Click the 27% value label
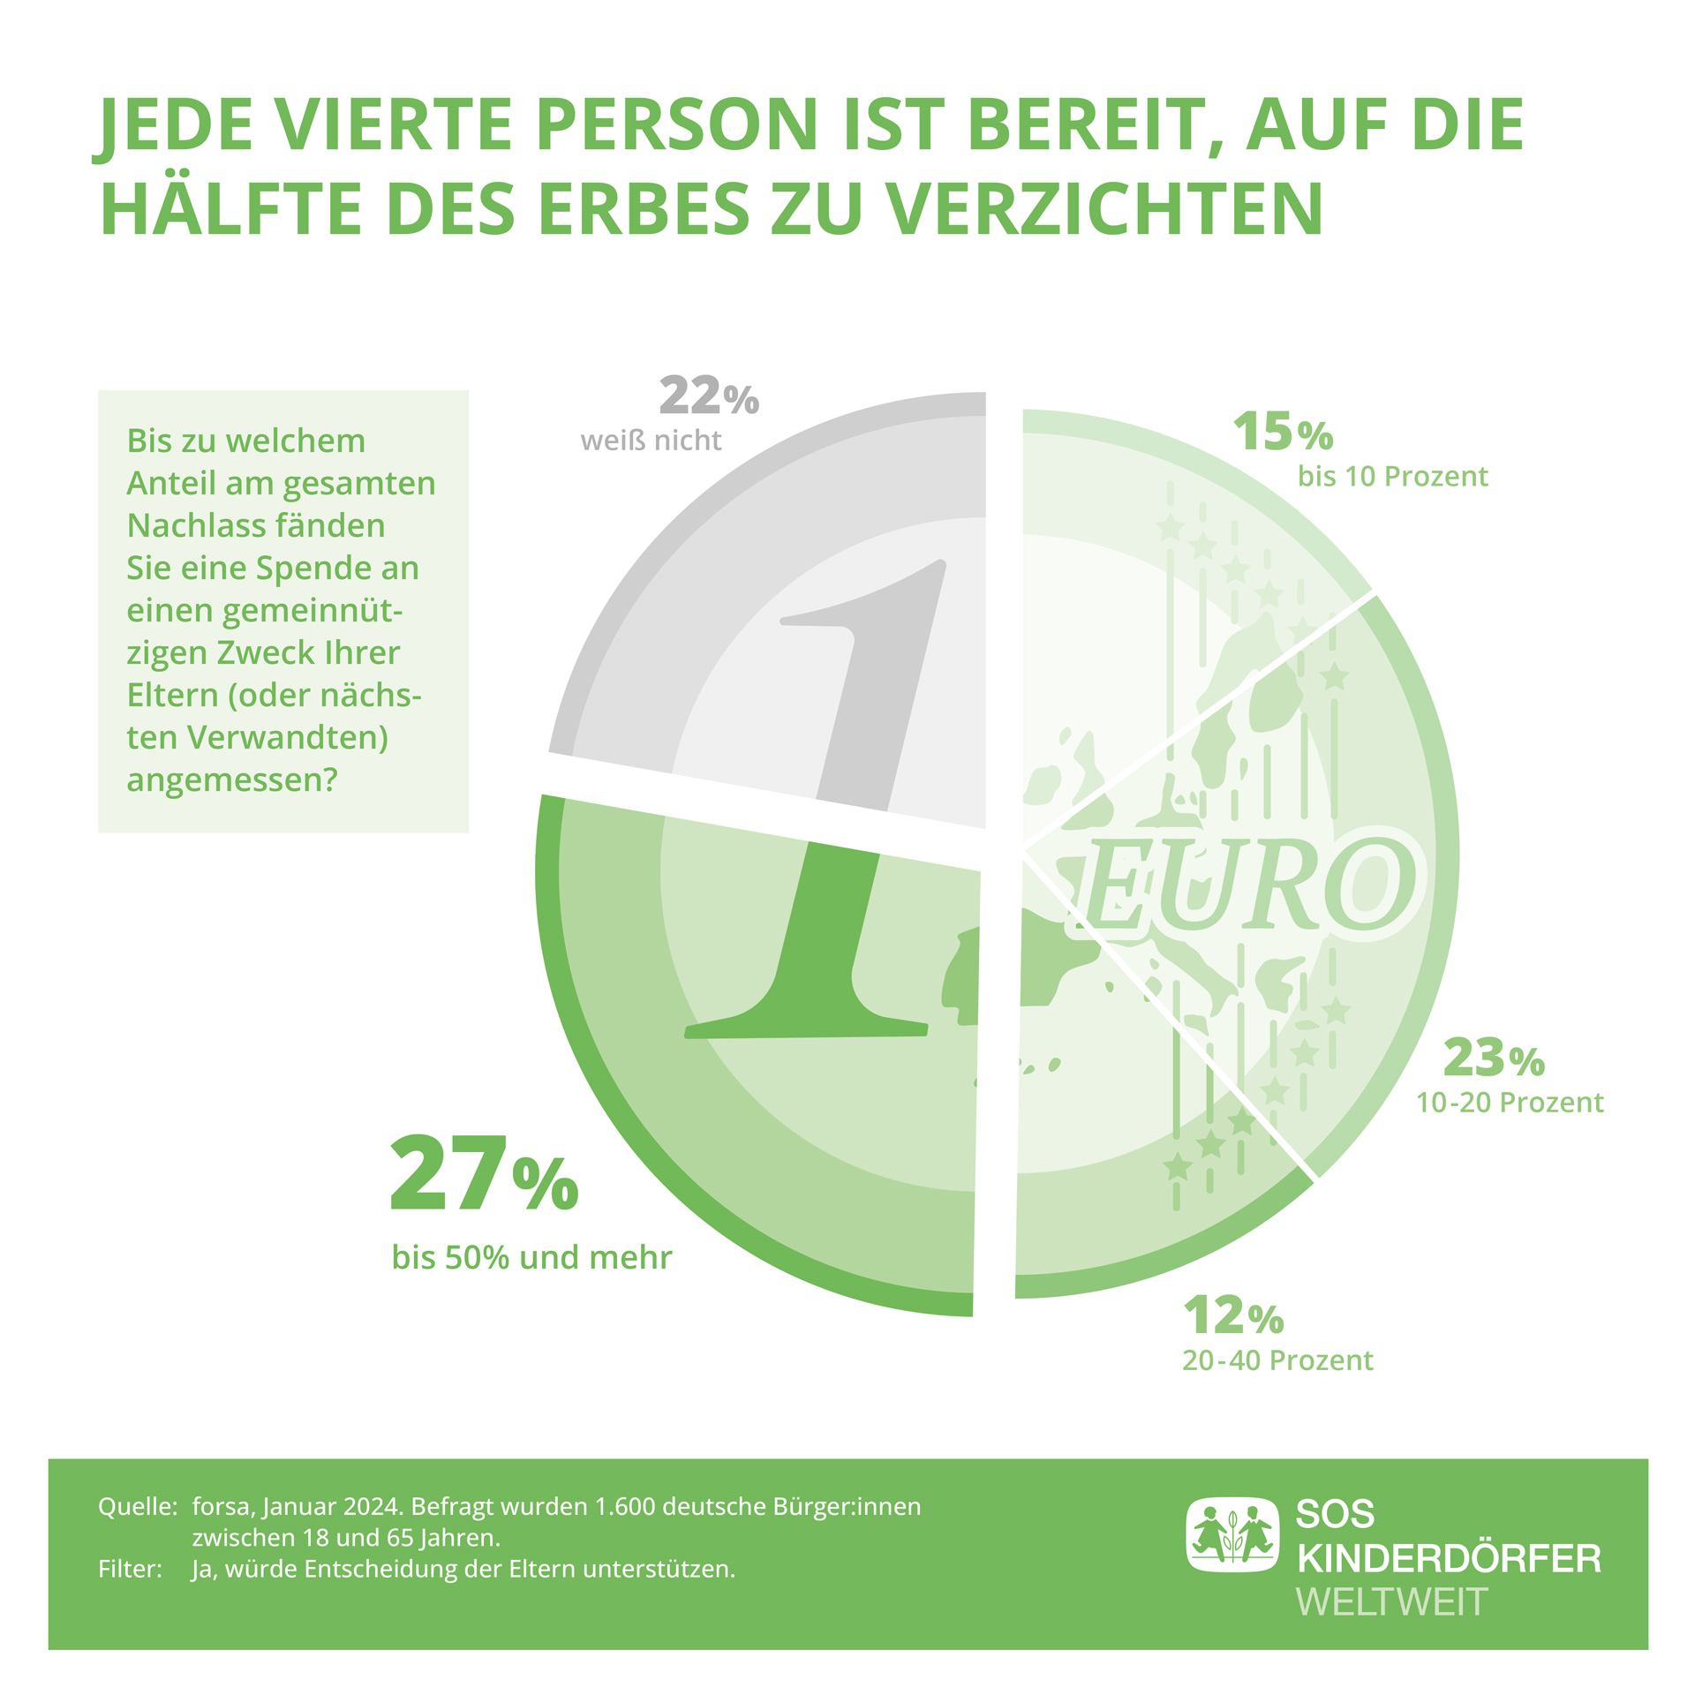[x=484, y=1175]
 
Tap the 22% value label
[x=708, y=396]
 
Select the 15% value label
[x=1282, y=433]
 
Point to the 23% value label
[x=1493, y=1058]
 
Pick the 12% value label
[x=1232, y=1316]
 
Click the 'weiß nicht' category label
[x=651, y=441]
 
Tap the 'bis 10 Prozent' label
[x=1392, y=477]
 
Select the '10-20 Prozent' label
[x=1510, y=1103]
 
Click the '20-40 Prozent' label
[x=1277, y=1360]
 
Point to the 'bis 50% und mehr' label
[x=531, y=1257]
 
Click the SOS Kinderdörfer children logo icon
[x=1232, y=1535]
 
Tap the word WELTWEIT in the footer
[x=1391, y=1602]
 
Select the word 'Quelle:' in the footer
[x=138, y=1506]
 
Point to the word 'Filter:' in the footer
[x=130, y=1569]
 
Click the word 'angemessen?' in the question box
[x=232, y=780]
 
